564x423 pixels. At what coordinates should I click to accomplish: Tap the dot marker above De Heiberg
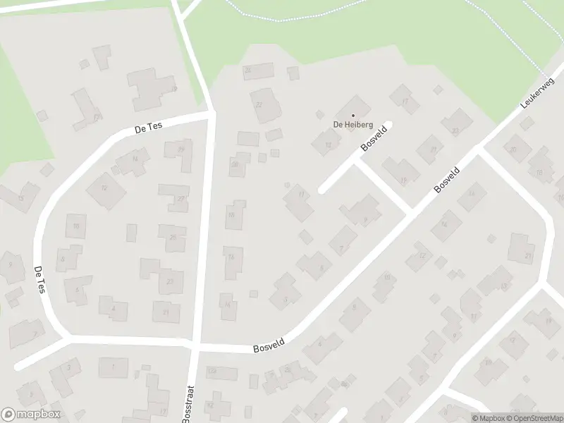[x=352, y=116]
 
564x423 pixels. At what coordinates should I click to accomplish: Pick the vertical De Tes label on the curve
[x=39, y=280]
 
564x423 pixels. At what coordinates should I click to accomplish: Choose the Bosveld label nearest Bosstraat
[x=268, y=348]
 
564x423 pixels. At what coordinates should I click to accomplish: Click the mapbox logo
[x=31, y=415]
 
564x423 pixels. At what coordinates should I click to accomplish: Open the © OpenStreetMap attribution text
[x=534, y=418]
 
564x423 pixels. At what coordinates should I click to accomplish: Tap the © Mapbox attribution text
[x=488, y=418]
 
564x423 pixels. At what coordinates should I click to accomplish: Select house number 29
[x=182, y=149]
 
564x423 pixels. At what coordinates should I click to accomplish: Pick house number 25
[x=172, y=238]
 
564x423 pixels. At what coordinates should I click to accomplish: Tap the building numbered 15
[x=20, y=198]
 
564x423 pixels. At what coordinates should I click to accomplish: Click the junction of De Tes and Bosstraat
[x=211, y=113]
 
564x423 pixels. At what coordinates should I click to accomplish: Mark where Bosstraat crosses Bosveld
[x=195, y=345]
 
